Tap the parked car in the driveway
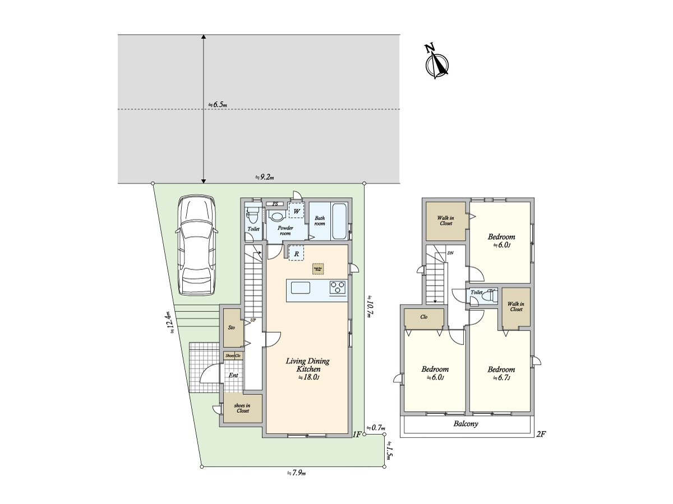click(x=195, y=245)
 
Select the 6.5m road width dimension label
click(x=217, y=104)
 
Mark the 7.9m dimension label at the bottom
click(x=296, y=473)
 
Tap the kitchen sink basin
click(x=300, y=288)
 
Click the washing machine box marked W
click(x=296, y=211)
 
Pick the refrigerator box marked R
click(x=296, y=254)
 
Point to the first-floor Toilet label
click(x=253, y=229)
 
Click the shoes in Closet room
click(x=243, y=407)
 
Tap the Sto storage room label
click(x=231, y=327)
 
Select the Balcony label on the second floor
click(x=465, y=424)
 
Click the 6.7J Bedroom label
click(x=501, y=373)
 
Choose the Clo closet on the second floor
click(x=424, y=316)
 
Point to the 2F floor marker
click(x=541, y=433)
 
